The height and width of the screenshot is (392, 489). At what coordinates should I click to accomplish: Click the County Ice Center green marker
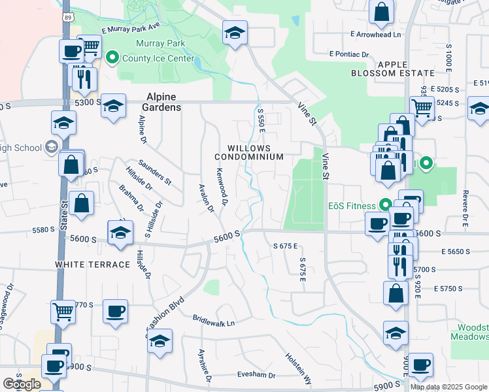112,59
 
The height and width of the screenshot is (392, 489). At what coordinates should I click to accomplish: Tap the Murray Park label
161,44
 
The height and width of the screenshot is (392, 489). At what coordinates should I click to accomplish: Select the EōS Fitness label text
353,204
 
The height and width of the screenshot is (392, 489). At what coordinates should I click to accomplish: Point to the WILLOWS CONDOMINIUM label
255,153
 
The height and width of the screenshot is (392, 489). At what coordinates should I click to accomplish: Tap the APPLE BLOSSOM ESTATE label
401,69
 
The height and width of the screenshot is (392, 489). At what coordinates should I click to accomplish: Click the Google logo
22,384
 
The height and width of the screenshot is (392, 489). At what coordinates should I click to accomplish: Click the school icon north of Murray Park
234,33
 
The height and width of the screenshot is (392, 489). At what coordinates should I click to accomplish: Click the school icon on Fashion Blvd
159,340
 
